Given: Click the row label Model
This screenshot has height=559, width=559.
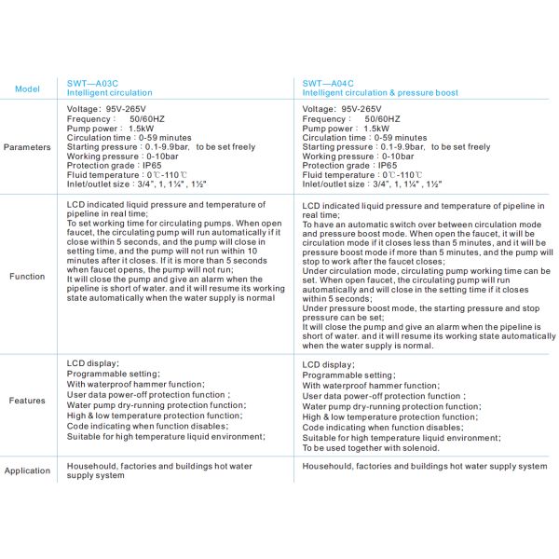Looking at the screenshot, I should point(26,89).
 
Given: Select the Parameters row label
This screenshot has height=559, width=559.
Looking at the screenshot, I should point(28,147).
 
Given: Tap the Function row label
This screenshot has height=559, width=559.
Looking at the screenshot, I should point(27,277).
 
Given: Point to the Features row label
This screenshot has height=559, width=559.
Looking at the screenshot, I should point(27,401).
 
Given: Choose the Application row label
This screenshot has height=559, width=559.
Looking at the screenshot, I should point(28,470).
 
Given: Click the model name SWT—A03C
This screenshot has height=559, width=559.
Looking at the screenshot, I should point(93,83).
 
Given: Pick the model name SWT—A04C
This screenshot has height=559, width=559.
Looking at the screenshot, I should point(329,83).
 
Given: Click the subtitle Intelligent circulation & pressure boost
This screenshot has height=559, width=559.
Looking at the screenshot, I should point(380,93).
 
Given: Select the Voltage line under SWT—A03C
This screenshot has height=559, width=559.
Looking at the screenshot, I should point(106,109).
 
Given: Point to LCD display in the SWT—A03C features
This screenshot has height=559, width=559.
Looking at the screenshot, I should point(93,364).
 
